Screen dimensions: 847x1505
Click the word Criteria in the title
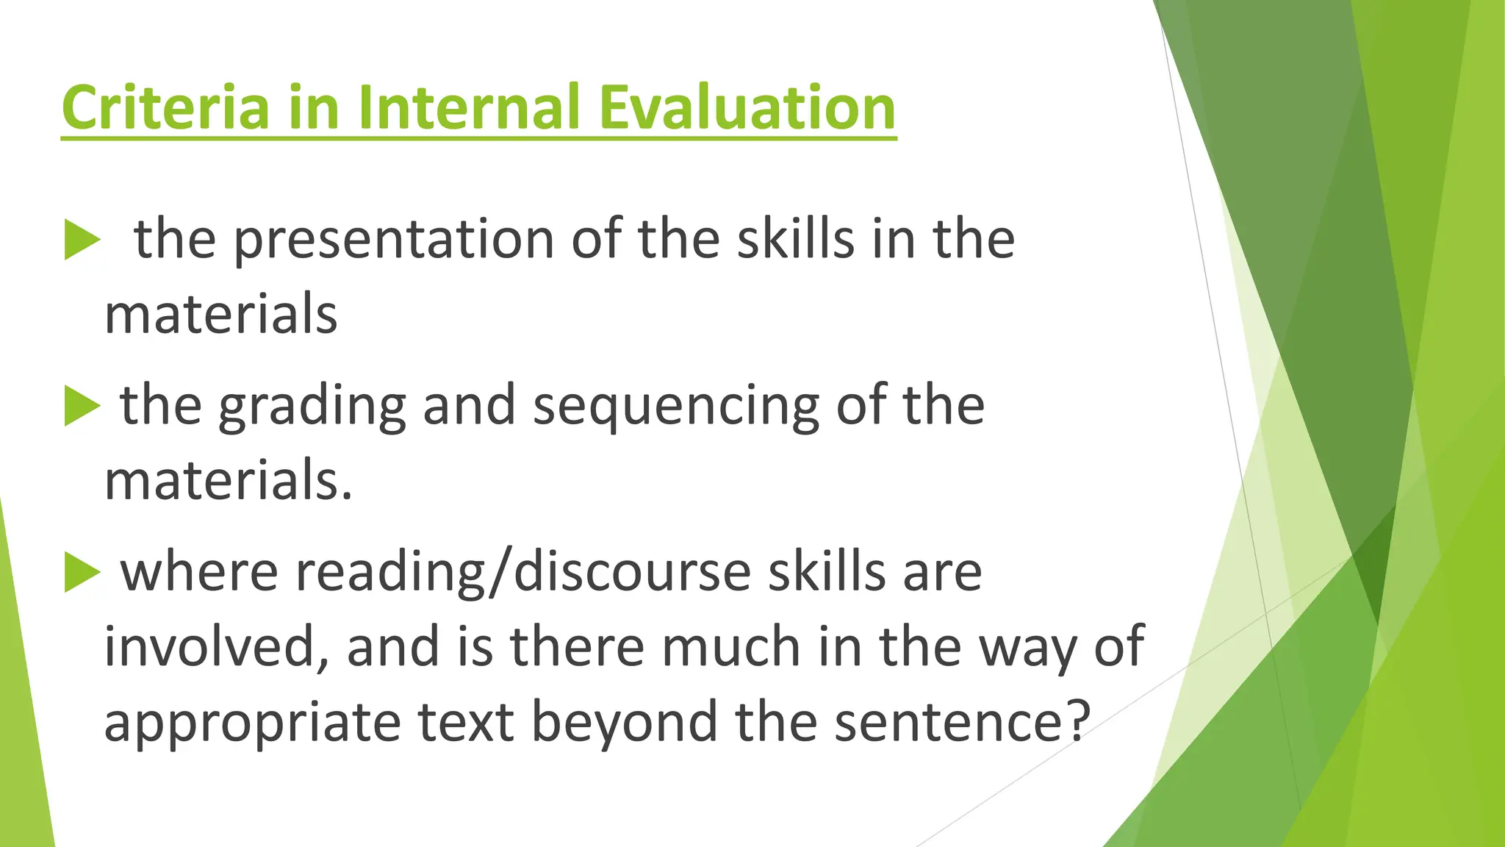click(166, 107)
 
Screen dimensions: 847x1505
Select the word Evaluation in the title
click(747, 107)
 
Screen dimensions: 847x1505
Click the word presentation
click(394, 240)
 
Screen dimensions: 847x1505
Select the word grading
click(312, 406)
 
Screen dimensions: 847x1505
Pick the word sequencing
click(675, 406)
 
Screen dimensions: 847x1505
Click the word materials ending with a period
click(228, 481)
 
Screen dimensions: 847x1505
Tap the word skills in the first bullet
click(796, 240)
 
